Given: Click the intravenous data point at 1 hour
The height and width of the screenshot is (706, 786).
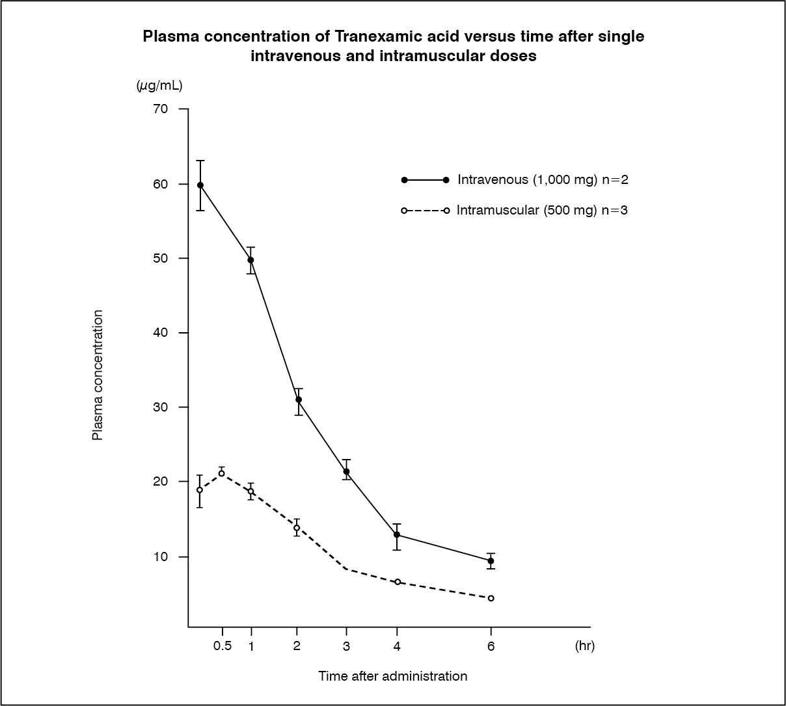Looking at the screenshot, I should coord(251,260).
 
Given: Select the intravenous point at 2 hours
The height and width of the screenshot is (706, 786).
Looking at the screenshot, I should coord(299,400).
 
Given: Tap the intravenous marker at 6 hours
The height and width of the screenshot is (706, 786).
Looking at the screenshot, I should coord(491,560).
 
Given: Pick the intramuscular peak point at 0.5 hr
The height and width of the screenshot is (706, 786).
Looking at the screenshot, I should coord(221,473).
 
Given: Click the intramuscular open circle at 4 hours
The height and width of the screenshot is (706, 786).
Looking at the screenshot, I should coord(398,582).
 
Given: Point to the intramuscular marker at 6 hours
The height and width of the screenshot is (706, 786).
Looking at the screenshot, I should coord(491,598).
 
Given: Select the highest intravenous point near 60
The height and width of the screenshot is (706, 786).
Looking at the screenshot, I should coord(200,185).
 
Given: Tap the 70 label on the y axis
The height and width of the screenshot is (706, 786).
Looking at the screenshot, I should coord(161,109).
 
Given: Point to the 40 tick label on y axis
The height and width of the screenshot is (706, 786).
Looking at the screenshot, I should coord(161,332).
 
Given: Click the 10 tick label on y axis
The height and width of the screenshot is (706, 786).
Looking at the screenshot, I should coord(161,556).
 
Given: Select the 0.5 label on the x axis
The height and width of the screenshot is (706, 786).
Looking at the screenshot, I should coord(223,646).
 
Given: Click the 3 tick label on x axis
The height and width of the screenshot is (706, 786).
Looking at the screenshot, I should coord(346,646).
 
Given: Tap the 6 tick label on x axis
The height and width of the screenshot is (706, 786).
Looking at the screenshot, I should coord(491,646).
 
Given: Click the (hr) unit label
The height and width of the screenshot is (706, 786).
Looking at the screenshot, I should coord(585,646).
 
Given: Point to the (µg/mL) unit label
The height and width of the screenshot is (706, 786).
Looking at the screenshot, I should coord(159,85).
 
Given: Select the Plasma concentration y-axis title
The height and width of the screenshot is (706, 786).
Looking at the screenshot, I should coord(98,374).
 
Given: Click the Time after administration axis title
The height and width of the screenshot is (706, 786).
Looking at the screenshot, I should coord(392,676).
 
